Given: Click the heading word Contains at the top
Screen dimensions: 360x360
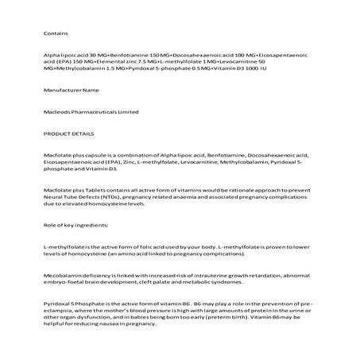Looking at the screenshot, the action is click(55, 33).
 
